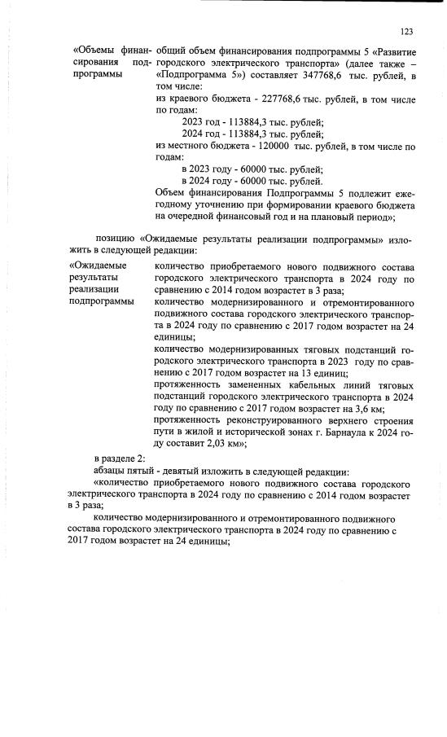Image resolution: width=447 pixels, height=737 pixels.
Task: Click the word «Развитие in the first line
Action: point(392,51)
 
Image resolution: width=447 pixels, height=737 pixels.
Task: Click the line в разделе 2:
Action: point(120,459)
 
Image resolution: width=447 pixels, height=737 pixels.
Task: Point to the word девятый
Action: point(176,472)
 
